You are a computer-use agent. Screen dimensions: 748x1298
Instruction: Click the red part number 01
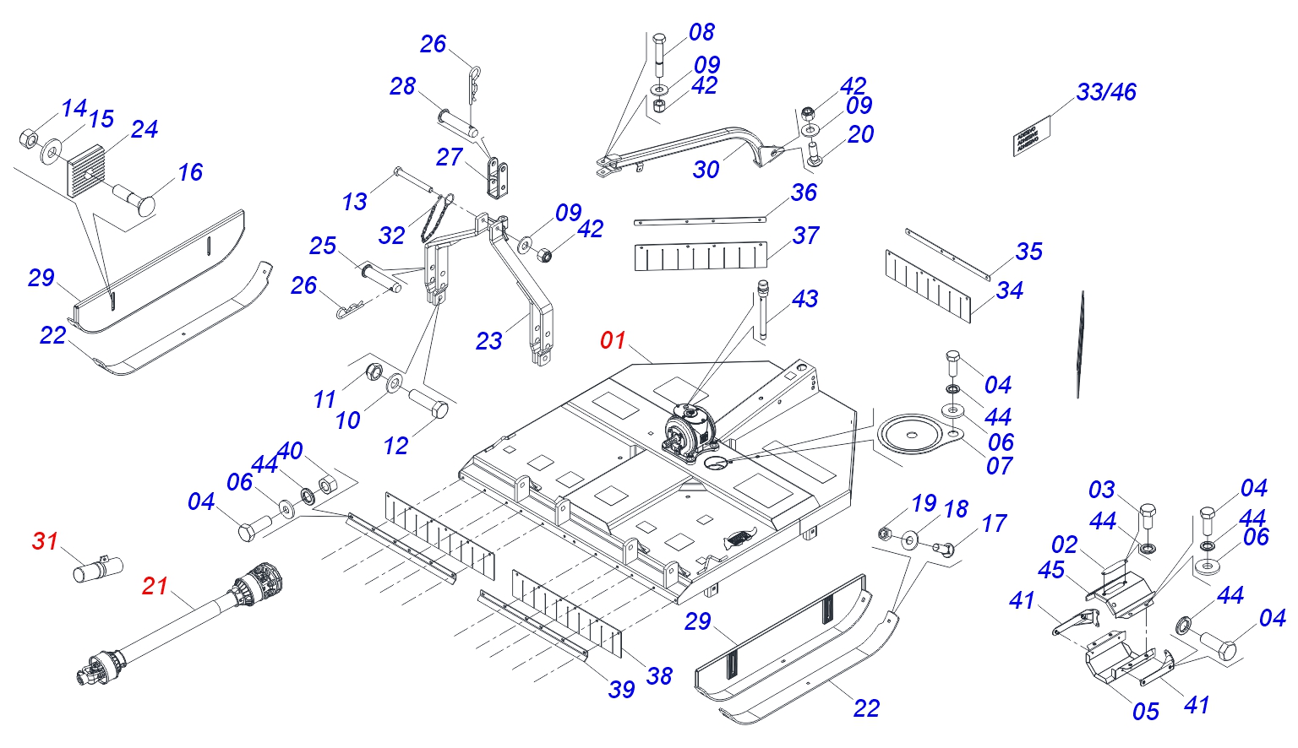pyautogui.click(x=613, y=340)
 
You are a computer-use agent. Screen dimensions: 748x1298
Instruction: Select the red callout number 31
pyautogui.click(x=46, y=540)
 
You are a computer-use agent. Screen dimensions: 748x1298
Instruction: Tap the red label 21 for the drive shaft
pyautogui.click(x=155, y=585)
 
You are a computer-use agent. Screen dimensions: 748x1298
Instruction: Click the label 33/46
pyautogui.click(x=1106, y=92)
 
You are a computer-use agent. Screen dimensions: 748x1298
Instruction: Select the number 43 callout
pyautogui.click(x=804, y=299)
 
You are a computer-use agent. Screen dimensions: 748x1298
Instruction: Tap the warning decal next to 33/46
pyautogui.click(x=1031, y=135)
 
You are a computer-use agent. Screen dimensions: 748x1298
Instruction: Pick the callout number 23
pyautogui.click(x=488, y=341)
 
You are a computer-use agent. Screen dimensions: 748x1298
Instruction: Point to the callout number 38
pyautogui.click(x=659, y=675)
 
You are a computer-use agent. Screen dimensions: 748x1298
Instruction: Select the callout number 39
pyautogui.click(x=621, y=690)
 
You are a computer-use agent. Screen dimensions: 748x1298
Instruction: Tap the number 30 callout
pyautogui.click(x=706, y=170)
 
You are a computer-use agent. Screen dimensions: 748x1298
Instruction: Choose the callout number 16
pyautogui.click(x=190, y=172)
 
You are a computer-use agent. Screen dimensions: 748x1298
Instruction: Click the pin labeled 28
pyautogui.click(x=459, y=121)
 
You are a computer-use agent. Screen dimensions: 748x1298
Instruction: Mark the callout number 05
pyautogui.click(x=1145, y=712)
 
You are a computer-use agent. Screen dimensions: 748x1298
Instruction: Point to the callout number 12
pyautogui.click(x=395, y=446)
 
